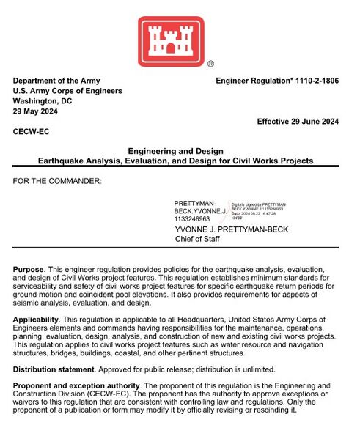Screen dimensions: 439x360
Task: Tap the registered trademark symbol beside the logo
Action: pyautogui.click(x=210, y=64)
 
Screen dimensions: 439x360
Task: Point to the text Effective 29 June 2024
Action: pyautogui.click(x=297, y=122)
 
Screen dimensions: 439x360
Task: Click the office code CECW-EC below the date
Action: pyautogui.click(x=32, y=132)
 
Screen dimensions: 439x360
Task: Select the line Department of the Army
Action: pyautogui.click(x=56, y=81)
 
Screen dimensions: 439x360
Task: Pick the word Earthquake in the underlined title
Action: pyautogui.click(x=61, y=160)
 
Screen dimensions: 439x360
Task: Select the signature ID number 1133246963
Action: pyautogui.click(x=192, y=218)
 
